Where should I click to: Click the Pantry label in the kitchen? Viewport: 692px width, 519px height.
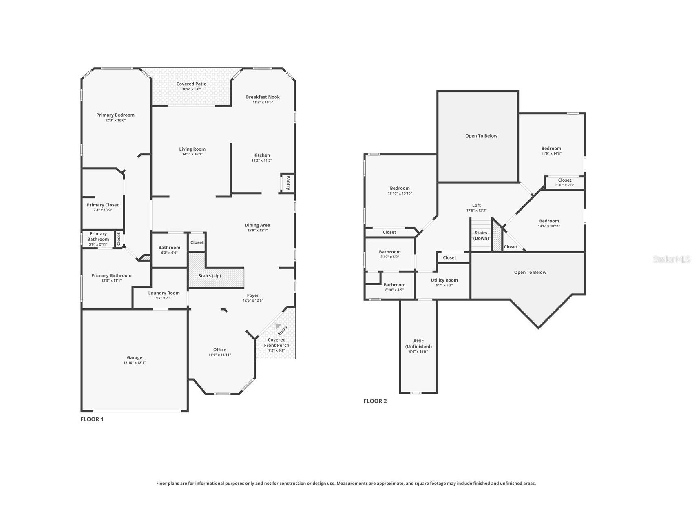click(x=288, y=182)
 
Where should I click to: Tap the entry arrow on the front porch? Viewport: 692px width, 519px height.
click(x=278, y=326)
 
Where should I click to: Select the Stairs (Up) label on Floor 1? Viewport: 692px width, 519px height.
click(x=210, y=276)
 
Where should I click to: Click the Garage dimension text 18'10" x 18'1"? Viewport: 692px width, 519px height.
click(x=135, y=363)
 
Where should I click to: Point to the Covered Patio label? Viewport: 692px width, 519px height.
click(x=192, y=84)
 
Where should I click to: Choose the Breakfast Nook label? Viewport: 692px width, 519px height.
click(x=263, y=97)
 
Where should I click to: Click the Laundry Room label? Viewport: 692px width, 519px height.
click(x=164, y=293)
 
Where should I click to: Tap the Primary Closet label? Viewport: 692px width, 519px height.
click(x=103, y=205)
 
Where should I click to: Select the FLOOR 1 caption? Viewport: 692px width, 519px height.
click(x=92, y=419)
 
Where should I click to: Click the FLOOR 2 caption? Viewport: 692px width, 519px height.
click(x=375, y=401)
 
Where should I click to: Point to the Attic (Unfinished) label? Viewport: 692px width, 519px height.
click(x=418, y=344)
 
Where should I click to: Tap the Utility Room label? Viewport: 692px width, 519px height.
click(x=444, y=280)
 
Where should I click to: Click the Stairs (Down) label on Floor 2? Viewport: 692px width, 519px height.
click(x=481, y=235)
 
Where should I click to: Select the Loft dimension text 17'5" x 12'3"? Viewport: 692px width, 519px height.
click(x=476, y=211)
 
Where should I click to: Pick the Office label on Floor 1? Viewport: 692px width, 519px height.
click(x=220, y=350)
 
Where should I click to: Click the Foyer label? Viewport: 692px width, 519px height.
click(x=253, y=295)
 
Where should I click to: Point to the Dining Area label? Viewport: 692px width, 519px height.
click(x=257, y=225)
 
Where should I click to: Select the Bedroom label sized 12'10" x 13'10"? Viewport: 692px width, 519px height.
click(x=400, y=189)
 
